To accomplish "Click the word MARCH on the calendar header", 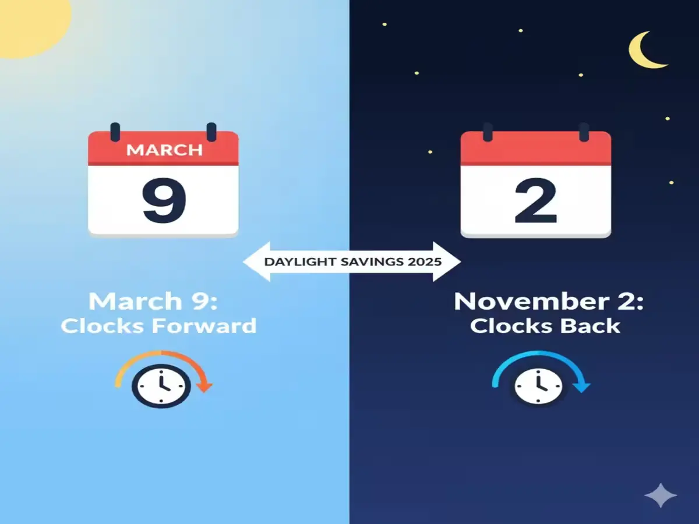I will coord(164,150).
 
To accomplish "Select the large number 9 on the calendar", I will coord(164,201).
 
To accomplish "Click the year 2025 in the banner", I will coord(425,261).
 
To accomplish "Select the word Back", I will coord(589,325).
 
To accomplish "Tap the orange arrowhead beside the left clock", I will coord(205,386).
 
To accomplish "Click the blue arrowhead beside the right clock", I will coord(583,386).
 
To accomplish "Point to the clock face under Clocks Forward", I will coord(161,386).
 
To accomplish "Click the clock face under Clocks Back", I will coord(539,386).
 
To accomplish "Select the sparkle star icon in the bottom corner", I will coord(661,496).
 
